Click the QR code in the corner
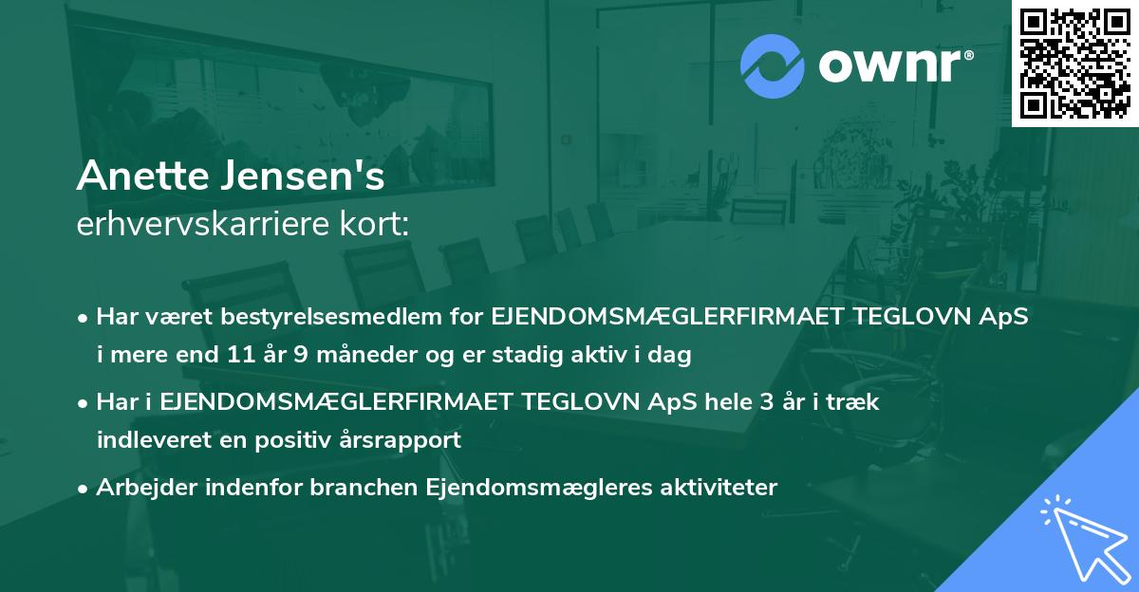click(1074, 63)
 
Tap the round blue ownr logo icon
click(773, 66)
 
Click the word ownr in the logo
click(893, 66)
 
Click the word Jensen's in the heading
click(302, 177)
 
